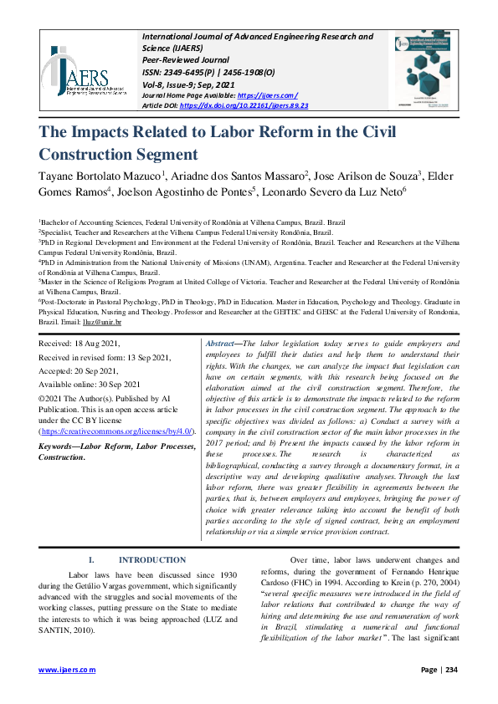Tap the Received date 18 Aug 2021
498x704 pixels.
pyautogui.click(x=80, y=344)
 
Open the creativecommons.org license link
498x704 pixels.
pyautogui.click(x=117, y=431)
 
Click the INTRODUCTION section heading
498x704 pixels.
pyautogui.click(x=151, y=560)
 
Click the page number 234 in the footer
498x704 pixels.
pyautogui.click(x=450, y=670)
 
